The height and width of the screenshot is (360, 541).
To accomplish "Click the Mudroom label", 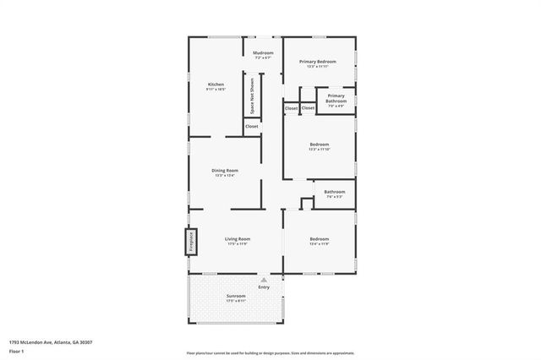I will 262,53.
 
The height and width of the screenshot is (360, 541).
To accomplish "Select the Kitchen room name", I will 216,84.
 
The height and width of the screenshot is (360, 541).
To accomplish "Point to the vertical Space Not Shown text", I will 252,95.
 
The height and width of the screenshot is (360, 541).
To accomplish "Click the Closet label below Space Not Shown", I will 252,127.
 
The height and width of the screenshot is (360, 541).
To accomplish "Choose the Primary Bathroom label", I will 336,98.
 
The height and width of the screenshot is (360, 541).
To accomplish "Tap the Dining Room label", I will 225,171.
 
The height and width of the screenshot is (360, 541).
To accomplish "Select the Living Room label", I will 237,239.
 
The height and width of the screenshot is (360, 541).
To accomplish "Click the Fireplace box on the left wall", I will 191,241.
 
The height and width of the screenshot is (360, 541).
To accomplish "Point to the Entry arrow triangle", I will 264,279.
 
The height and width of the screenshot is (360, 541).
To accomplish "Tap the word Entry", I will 264,287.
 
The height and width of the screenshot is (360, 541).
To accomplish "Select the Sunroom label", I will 236,296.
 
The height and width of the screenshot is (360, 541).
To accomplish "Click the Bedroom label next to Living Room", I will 319,239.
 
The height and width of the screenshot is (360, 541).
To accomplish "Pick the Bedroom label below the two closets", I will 319,145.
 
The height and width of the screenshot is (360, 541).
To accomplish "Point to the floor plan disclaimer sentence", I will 270,353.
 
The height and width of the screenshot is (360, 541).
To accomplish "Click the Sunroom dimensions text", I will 236,301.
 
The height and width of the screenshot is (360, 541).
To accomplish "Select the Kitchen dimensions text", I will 216,89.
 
